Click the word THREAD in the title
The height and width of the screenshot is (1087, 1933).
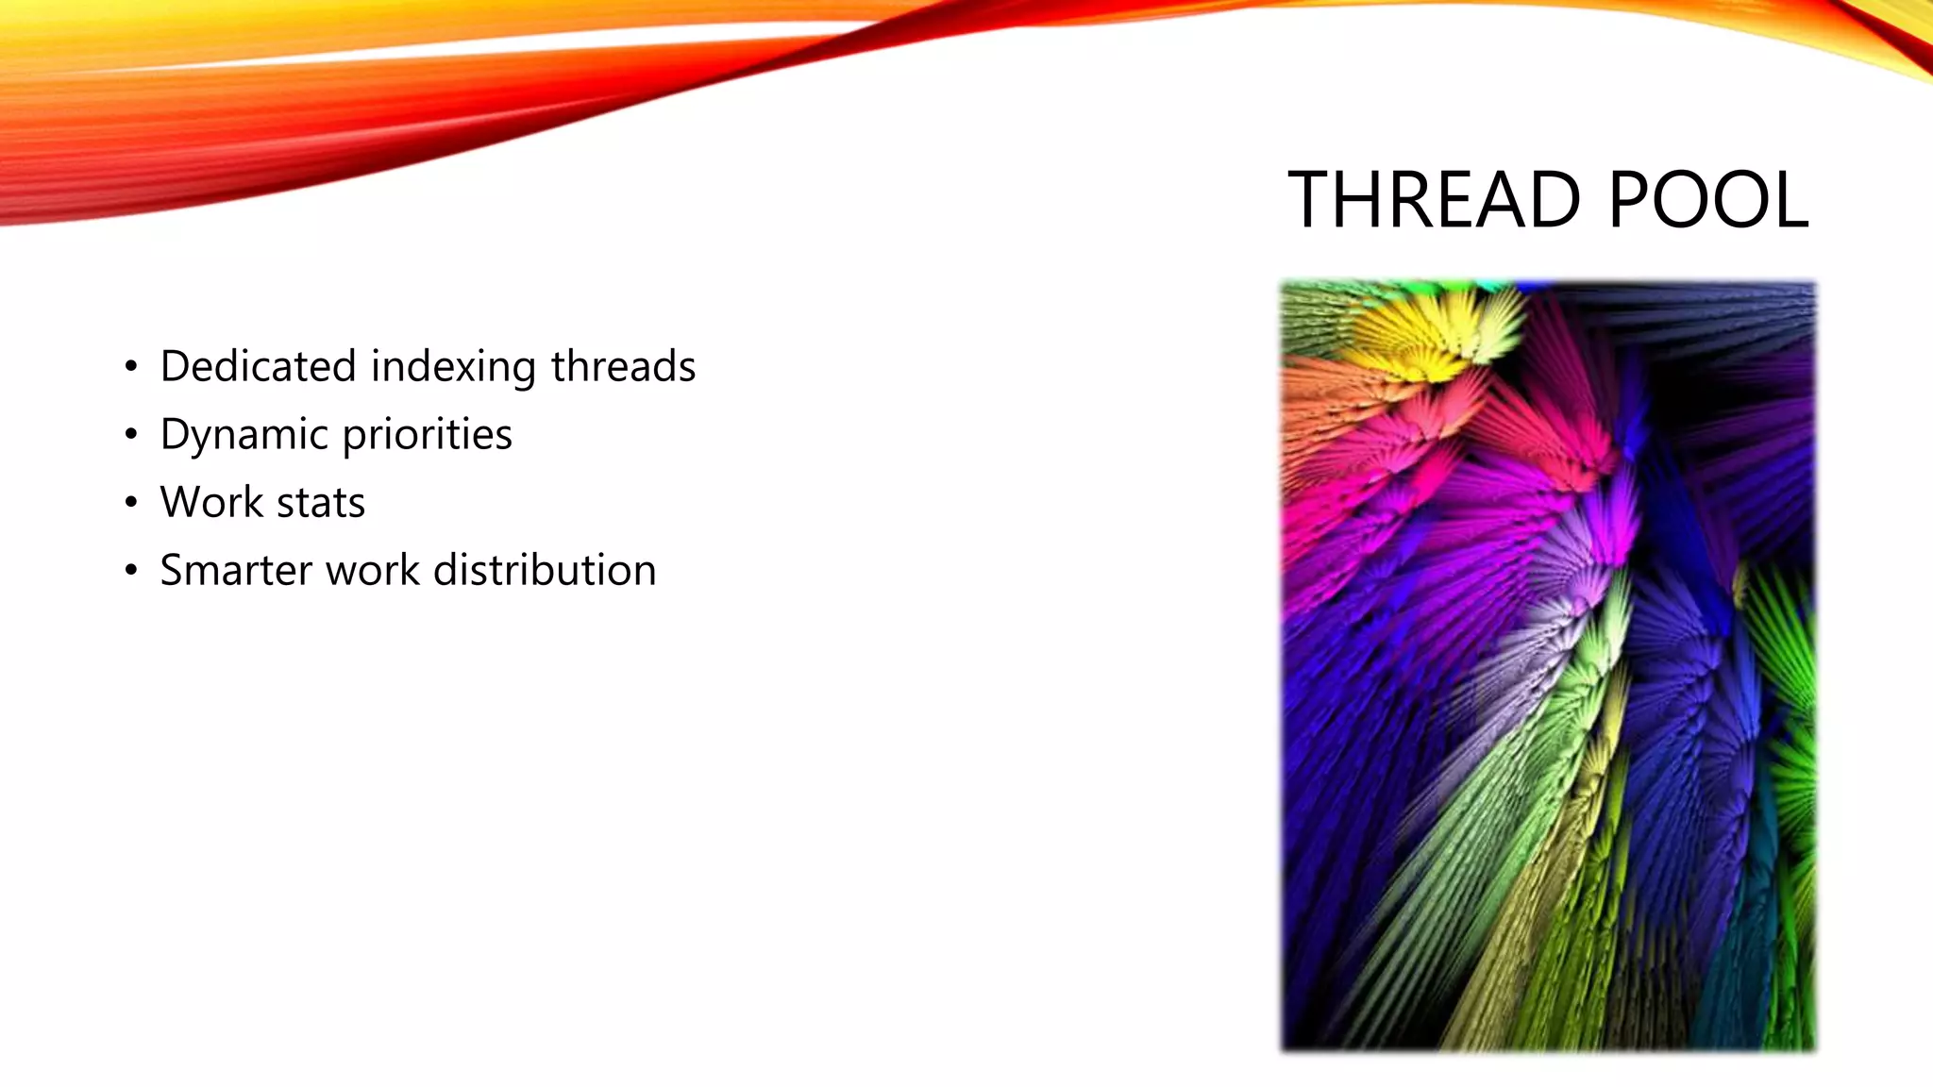[1433, 200]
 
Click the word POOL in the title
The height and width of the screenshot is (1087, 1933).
[1707, 200]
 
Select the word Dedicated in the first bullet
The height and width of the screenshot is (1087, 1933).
[258, 366]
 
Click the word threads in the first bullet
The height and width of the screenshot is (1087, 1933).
[623, 366]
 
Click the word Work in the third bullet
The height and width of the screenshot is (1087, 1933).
[211, 502]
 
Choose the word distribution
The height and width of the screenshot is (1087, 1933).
[544, 570]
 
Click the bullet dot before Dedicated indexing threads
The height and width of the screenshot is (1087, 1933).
[131, 367]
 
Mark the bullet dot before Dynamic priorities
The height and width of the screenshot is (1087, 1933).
[131, 435]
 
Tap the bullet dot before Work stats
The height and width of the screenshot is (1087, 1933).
[131, 503]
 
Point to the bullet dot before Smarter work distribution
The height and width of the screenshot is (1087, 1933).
[131, 571]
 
